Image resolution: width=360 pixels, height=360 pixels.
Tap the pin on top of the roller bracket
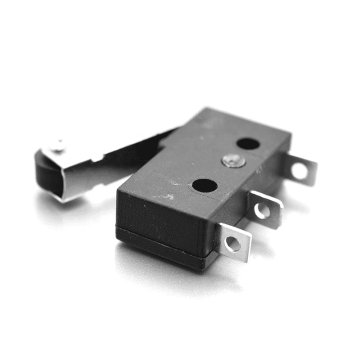59,146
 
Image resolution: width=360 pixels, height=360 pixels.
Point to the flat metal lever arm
125,155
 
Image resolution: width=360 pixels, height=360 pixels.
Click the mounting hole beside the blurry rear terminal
248,144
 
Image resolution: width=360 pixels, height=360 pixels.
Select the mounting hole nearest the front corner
204,185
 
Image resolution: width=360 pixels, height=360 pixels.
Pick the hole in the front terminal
232,244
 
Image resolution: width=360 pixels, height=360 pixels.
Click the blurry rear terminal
300,169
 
